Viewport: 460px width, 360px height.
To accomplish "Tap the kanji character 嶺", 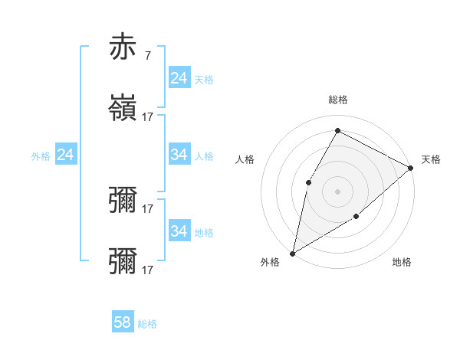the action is point(123,108).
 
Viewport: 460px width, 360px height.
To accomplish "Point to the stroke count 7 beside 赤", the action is point(147,56).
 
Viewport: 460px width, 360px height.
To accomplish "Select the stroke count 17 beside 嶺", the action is point(148,117).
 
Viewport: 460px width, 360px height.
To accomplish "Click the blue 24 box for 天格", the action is point(179,78).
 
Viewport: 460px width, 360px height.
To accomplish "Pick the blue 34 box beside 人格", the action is point(179,155).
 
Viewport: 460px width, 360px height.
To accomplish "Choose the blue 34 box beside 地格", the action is point(179,231).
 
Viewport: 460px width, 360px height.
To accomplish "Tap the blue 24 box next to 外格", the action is point(66,155).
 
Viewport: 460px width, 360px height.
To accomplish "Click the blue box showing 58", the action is point(123,322).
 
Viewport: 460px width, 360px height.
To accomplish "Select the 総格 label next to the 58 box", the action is point(147,324).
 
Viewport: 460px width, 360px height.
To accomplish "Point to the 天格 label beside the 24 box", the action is point(204,80).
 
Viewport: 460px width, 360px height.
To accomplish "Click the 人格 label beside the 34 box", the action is point(204,156).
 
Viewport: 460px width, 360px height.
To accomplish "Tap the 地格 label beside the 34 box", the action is point(204,232).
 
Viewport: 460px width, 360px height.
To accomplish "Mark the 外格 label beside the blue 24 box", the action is point(41,156).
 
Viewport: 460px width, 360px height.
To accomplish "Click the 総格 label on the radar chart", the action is point(337,100).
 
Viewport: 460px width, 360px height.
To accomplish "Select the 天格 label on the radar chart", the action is point(431,159).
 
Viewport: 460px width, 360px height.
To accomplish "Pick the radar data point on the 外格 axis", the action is point(292,253).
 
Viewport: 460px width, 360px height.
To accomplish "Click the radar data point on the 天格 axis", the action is point(411,168).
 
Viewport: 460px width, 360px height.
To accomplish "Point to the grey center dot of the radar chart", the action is point(337,191).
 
